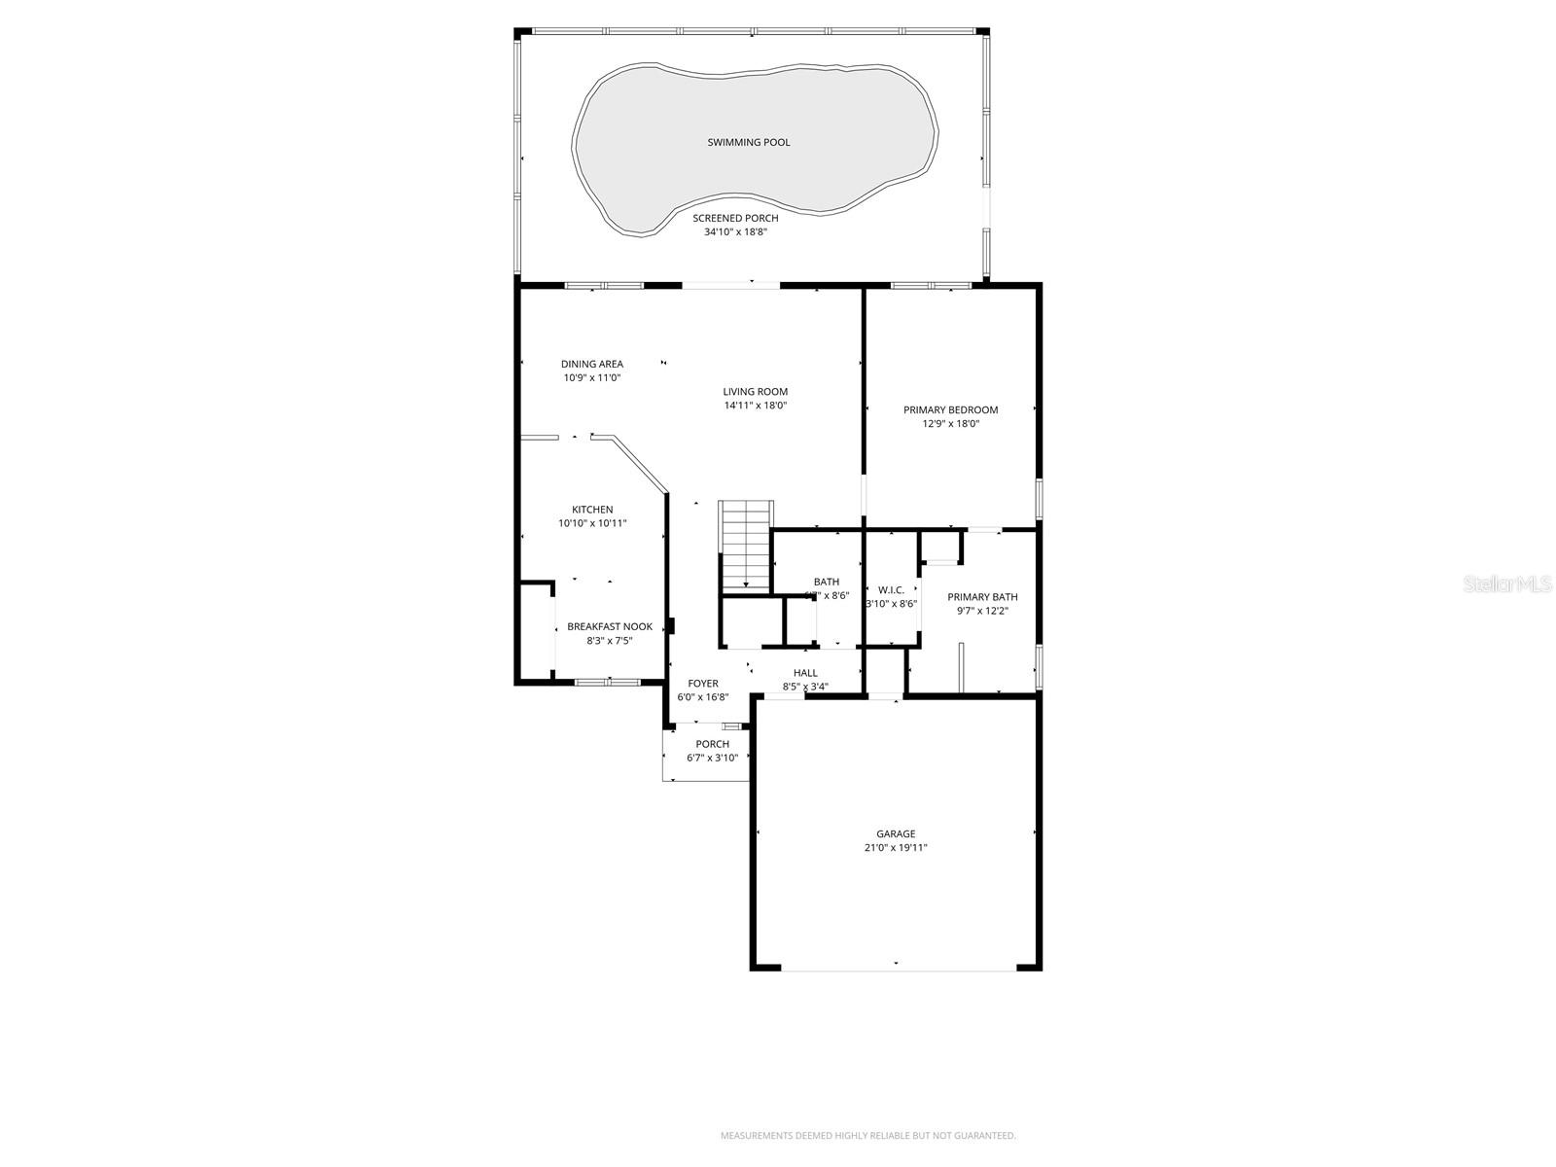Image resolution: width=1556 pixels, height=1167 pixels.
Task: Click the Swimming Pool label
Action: pyautogui.click(x=748, y=143)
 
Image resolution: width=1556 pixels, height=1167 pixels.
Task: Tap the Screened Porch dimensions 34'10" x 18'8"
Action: pyautogui.click(x=742, y=232)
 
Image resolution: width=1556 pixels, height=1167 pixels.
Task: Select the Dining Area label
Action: pyautogui.click(x=591, y=365)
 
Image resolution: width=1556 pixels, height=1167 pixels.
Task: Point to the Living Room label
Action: pyautogui.click(x=755, y=392)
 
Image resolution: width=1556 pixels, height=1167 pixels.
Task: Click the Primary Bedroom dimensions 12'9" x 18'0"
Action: pyautogui.click(x=950, y=424)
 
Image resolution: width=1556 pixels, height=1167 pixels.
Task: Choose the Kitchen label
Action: pyautogui.click(x=591, y=510)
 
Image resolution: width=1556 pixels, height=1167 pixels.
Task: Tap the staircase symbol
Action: pyautogui.click(x=746, y=545)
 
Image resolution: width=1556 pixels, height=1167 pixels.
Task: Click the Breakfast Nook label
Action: pyautogui.click(x=610, y=627)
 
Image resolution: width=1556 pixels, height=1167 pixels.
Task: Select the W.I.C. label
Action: pyautogui.click(x=891, y=590)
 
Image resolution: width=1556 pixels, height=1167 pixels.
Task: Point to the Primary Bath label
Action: pyautogui.click(x=982, y=597)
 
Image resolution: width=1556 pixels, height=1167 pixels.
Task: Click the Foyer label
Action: pyautogui.click(x=702, y=684)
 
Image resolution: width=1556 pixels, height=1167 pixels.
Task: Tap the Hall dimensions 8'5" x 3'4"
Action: pyautogui.click(x=805, y=687)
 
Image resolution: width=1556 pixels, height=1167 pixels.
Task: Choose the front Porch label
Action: pyautogui.click(x=712, y=744)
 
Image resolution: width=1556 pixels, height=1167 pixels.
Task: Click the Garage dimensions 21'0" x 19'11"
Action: pyautogui.click(x=896, y=848)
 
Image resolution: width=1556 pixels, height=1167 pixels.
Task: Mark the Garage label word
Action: pyautogui.click(x=896, y=833)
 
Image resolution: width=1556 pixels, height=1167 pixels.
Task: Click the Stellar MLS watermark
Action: pyautogui.click(x=1514, y=583)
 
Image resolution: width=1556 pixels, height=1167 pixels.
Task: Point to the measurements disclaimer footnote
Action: pyautogui.click(x=867, y=1135)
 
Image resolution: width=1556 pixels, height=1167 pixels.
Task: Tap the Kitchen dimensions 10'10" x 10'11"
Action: pyautogui.click(x=591, y=523)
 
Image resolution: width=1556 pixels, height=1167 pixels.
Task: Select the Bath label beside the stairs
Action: pyautogui.click(x=827, y=583)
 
